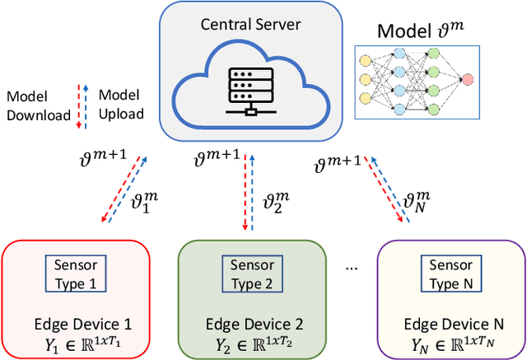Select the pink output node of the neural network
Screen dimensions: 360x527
[468, 80]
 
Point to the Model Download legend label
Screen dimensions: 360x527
[38, 106]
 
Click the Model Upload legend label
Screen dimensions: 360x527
[120, 106]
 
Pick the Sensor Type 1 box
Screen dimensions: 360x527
[75, 274]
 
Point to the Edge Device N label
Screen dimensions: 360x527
[449, 324]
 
